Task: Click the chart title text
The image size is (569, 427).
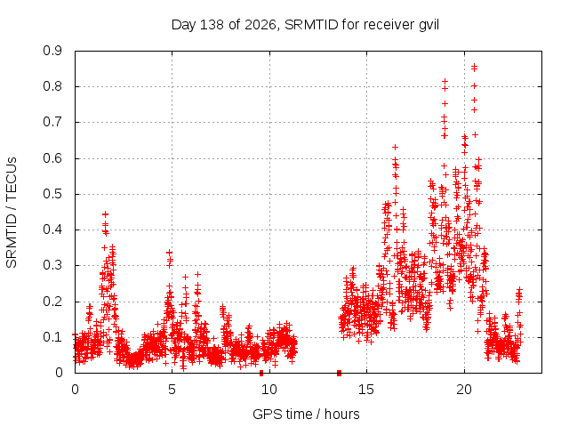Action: point(305,25)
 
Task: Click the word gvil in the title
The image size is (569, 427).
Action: point(429,26)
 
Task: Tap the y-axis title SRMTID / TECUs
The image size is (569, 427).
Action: point(12,213)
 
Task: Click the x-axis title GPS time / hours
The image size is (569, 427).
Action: point(306,414)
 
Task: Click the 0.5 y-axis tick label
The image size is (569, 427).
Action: point(52,194)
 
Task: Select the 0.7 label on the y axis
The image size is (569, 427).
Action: point(52,122)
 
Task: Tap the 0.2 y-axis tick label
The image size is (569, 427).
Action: point(52,302)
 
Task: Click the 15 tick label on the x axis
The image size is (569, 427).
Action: point(366,390)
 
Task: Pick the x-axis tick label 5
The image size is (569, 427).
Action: point(172,390)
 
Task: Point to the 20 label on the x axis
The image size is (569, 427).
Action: point(464,390)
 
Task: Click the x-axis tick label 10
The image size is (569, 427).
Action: point(269,390)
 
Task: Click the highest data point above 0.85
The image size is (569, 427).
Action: point(474,67)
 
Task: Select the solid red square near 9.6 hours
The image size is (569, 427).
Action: point(261,373)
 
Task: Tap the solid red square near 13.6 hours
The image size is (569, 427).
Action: point(339,373)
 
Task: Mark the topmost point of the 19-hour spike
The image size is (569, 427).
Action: point(445,81)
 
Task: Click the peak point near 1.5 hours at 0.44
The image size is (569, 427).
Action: point(105,214)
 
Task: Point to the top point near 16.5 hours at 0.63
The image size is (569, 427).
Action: point(395,147)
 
